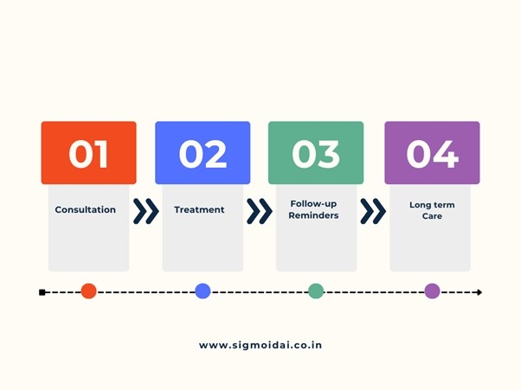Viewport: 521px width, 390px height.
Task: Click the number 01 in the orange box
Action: tap(88, 153)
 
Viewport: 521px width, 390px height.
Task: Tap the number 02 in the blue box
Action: tap(203, 153)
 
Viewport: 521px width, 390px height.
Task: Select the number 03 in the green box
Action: tap(316, 153)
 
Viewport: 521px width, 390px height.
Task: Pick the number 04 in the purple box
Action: tap(432, 153)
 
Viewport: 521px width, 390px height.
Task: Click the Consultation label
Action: tap(85, 210)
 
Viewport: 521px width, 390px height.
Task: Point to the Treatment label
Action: tap(199, 210)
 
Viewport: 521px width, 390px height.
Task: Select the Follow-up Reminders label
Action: tap(314, 209)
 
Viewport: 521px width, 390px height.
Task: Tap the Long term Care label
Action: tap(432, 210)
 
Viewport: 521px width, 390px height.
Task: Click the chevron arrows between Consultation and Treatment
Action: tap(145, 211)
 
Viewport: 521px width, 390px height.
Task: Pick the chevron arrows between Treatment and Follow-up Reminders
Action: tap(259, 211)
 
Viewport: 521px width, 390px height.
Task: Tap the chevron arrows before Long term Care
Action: tap(373, 211)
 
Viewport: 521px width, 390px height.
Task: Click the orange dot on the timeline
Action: tap(88, 291)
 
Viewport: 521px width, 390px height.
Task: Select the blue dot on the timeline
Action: tap(203, 291)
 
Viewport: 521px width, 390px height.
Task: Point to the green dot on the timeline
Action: tap(316, 291)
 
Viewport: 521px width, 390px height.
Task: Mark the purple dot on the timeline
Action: tap(432, 291)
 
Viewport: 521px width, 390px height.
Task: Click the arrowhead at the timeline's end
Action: tap(479, 292)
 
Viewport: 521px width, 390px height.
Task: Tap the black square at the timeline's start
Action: tap(42, 292)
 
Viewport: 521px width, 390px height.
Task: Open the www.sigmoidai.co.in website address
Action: tap(260, 345)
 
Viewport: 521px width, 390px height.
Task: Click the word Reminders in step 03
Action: tap(314, 215)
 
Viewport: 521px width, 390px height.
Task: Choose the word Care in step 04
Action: tap(432, 216)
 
